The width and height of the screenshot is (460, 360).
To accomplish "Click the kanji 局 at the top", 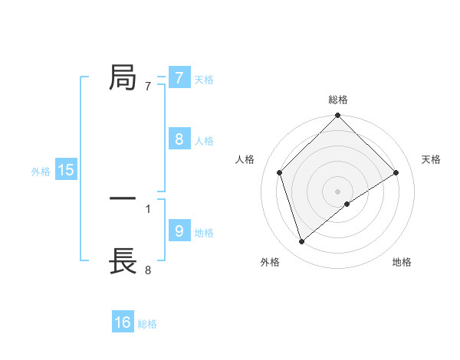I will [123, 77].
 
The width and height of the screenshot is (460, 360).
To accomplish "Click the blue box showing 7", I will [179, 77].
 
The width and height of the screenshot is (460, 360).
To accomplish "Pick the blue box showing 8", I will [179, 139].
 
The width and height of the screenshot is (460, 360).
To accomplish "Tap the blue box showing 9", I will [179, 231].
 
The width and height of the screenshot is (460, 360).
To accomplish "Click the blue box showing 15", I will [66, 170].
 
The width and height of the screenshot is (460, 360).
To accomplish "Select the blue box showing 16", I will [123, 322].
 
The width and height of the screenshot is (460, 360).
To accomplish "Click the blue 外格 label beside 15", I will [41, 172].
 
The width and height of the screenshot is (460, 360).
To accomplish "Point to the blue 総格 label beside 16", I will [147, 324].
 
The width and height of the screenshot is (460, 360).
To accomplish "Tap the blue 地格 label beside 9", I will [204, 233].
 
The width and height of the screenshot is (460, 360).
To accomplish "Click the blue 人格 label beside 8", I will [204, 141].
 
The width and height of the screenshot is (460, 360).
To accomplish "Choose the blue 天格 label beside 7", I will [204, 79].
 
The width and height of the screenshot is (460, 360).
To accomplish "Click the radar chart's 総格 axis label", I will [338, 100].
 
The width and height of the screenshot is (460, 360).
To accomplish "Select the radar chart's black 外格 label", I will [270, 262].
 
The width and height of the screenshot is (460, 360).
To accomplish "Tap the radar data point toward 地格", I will [347, 204].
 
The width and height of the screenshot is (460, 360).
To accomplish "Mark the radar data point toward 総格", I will [338, 116].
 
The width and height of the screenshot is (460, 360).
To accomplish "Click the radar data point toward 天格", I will [396, 172].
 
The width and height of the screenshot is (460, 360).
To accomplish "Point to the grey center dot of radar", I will [338, 191].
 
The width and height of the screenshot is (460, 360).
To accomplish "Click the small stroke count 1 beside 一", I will [148, 208].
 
